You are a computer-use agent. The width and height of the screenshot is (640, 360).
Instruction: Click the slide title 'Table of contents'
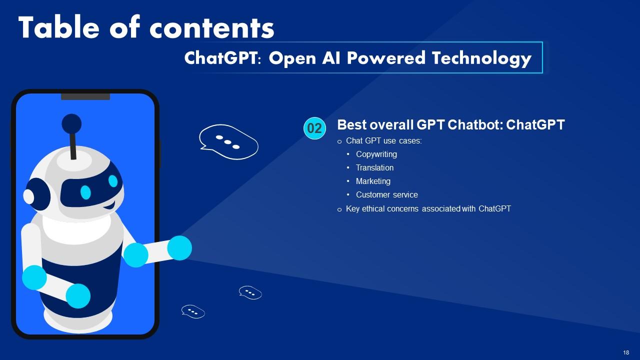coord(146,28)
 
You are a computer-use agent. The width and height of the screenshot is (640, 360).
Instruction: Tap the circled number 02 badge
coord(314,128)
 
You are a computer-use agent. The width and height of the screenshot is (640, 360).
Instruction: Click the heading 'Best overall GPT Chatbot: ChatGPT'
coord(450,125)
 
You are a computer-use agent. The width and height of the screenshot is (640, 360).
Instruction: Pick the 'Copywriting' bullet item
coord(376,154)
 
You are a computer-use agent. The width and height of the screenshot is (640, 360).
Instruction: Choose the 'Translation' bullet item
coord(374,168)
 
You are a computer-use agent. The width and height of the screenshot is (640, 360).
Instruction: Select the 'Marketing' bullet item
coord(373,181)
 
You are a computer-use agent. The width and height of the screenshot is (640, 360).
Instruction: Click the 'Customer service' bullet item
coord(386,195)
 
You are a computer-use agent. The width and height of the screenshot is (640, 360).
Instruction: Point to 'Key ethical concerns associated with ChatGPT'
coord(428,208)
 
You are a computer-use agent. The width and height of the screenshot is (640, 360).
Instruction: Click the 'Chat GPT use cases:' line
coord(383,141)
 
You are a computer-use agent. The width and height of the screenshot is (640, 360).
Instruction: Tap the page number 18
coord(626,352)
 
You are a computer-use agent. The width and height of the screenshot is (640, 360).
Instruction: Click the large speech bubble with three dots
coord(228,142)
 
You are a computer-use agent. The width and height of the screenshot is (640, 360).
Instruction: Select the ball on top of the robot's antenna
coord(71,123)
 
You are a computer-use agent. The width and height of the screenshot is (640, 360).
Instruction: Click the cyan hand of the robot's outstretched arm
coord(179,248)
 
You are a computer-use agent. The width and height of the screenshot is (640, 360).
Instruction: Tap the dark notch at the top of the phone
coord(85,96)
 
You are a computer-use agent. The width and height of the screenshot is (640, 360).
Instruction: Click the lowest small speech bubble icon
coord(192,311)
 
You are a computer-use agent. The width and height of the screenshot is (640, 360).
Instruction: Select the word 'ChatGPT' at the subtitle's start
coord(223,58)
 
